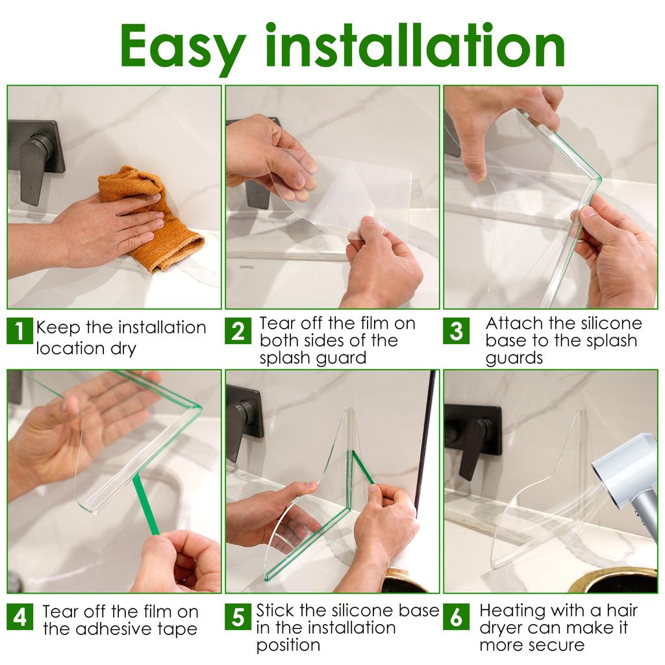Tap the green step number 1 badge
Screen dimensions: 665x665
click(19, 332)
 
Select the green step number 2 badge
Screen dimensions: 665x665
click(238, 332)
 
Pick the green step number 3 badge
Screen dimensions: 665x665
click(457, 332)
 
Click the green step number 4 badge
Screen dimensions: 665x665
click(19, 616)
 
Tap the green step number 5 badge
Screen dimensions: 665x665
click(238, 616)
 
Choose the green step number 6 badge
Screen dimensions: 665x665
click(457, 616)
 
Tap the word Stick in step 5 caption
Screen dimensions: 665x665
click(276, 610)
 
